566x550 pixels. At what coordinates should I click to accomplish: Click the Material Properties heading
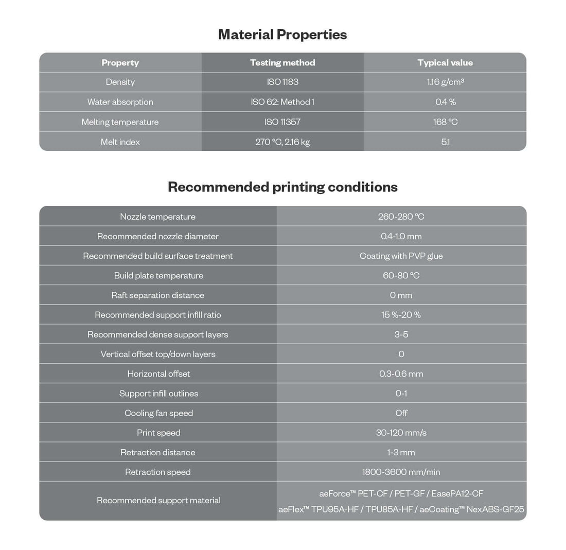(x=282, y=34)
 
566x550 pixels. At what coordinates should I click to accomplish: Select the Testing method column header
(x=282, y=63)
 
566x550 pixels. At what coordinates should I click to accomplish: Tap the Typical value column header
(x=445, y=63)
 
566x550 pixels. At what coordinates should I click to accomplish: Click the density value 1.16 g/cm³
(x=445, y=82)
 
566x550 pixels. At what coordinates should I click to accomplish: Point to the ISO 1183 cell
(x=282, y=82)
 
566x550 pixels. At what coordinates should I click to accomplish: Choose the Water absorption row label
(x=120, y=102)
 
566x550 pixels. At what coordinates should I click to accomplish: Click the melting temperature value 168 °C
(x=445, y=122)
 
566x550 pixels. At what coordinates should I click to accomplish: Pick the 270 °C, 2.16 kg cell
(x=282, y=142)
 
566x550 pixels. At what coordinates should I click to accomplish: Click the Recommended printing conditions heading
(x=282, y=187)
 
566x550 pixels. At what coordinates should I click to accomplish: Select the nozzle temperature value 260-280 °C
(x=401, y=217)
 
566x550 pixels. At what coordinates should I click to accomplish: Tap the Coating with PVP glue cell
(x=401, y=256)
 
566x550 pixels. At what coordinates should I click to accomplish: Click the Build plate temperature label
(x=158, y=276)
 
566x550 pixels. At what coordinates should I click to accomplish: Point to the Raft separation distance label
(x=158, y=295)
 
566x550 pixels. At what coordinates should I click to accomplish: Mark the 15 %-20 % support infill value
(x=401, y=315)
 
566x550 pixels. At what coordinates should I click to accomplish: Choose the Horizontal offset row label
(x=158, y=374)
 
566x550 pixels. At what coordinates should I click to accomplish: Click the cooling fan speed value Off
(x=401, y=413)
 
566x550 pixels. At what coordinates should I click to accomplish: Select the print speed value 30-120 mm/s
(x=401, y=433)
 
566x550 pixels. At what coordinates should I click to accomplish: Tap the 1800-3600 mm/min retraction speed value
(x=401, y=472)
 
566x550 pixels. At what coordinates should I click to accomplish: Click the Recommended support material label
(x=158, y=500)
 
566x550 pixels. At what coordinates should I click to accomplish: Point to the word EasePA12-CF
(x=457, y=493)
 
